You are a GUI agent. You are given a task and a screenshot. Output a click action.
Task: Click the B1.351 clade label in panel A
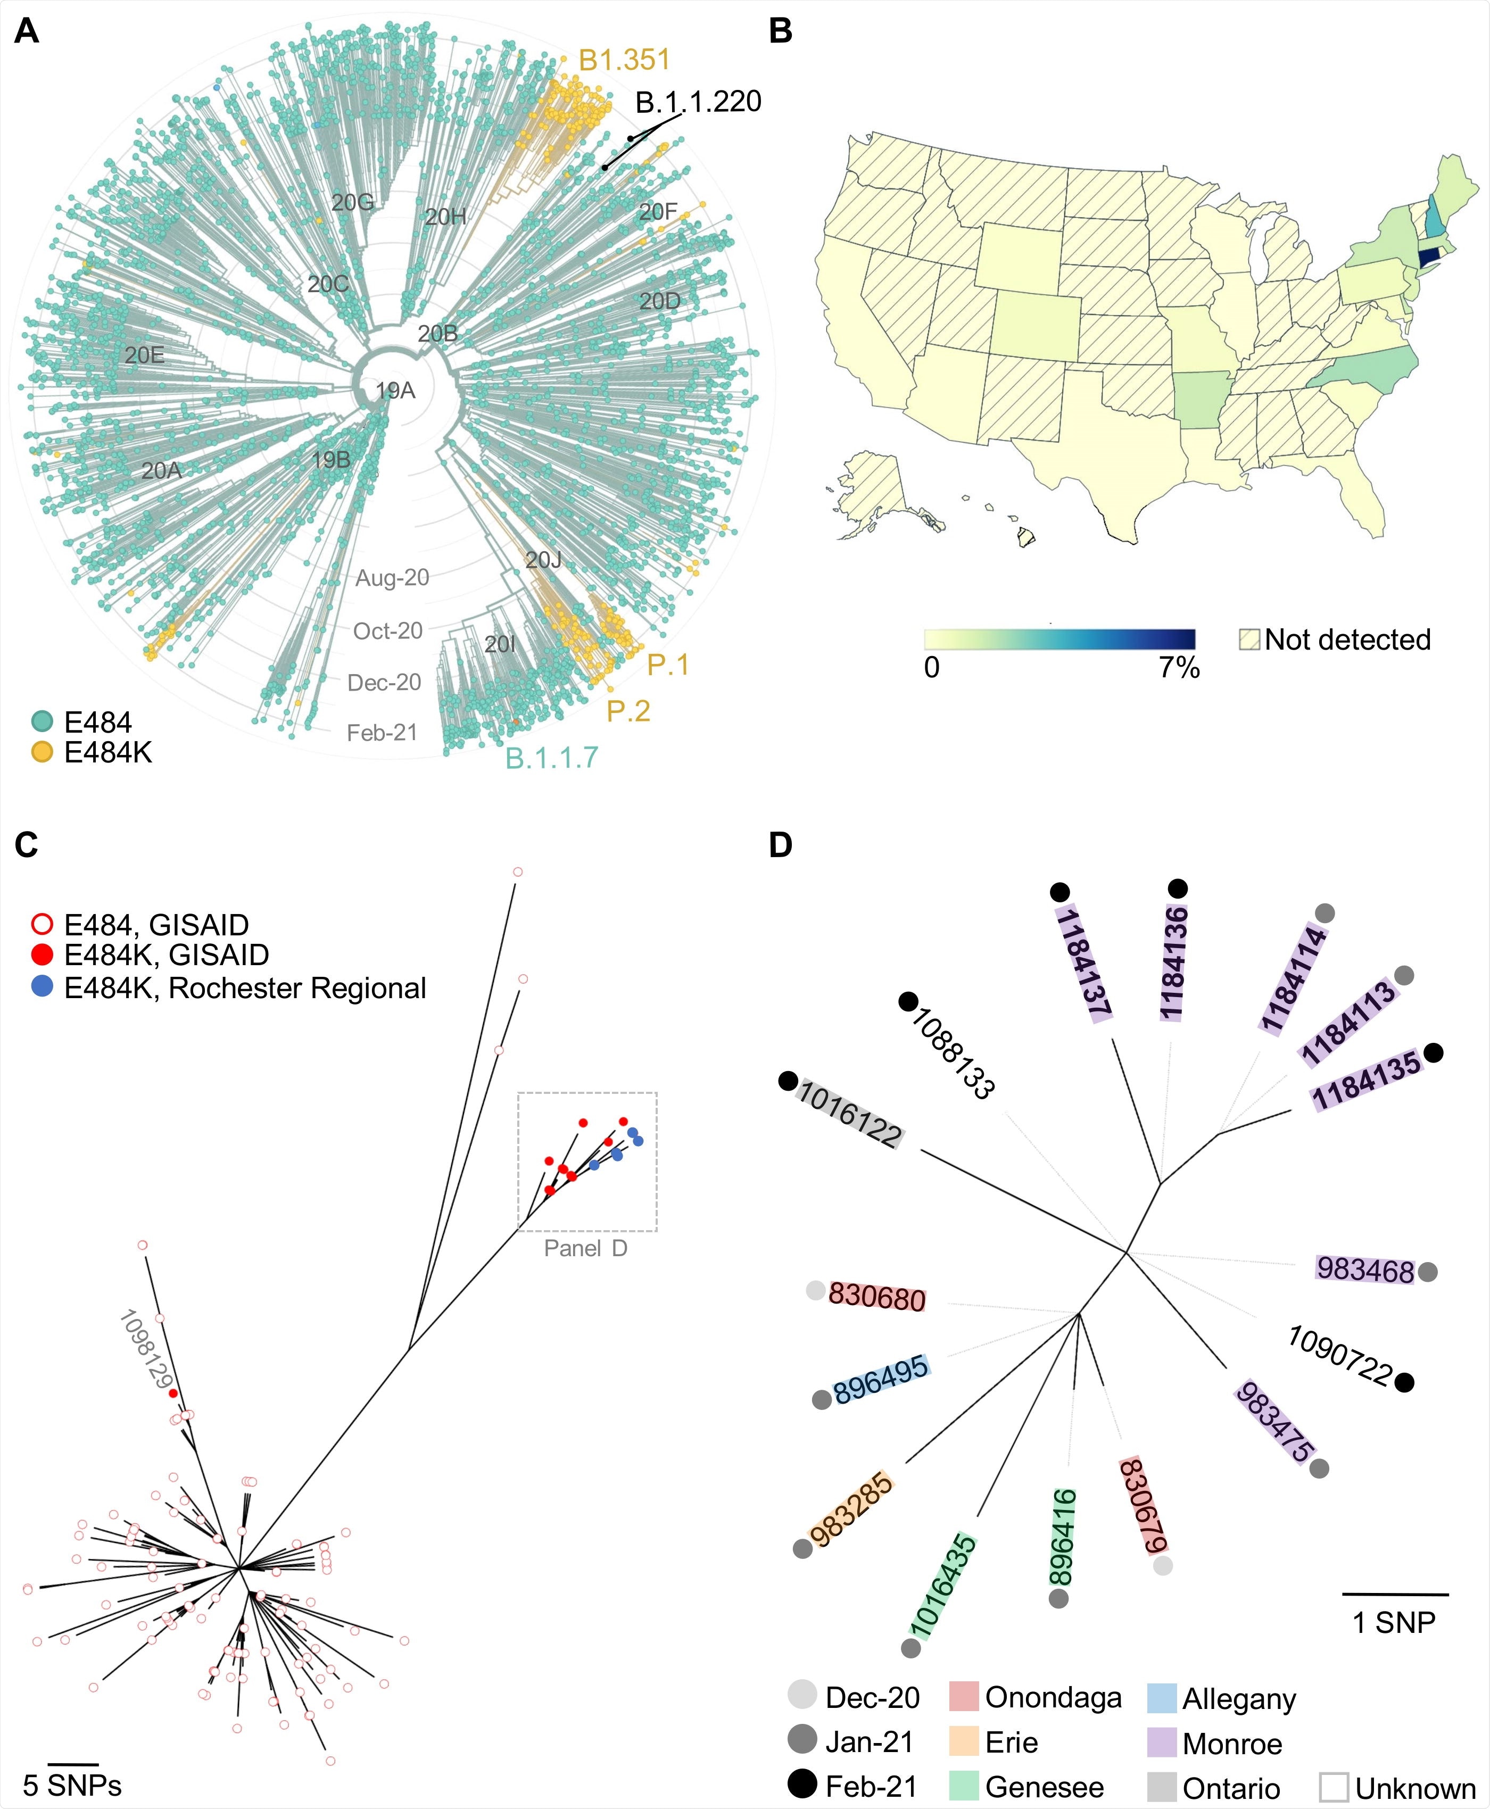624,60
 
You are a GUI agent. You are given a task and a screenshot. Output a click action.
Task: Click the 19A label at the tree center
395,391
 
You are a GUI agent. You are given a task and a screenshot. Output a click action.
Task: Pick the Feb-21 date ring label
382,732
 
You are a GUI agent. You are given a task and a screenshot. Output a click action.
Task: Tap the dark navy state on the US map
1429,256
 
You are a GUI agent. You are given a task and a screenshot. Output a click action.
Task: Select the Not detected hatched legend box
1249,640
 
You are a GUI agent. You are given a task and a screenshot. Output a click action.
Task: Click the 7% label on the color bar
1179,668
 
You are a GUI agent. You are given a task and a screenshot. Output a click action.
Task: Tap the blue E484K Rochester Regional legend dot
42,987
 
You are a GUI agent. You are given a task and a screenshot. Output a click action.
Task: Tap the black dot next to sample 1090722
1404,1382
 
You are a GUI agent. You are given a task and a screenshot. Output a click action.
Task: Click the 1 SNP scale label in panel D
1394,1622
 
